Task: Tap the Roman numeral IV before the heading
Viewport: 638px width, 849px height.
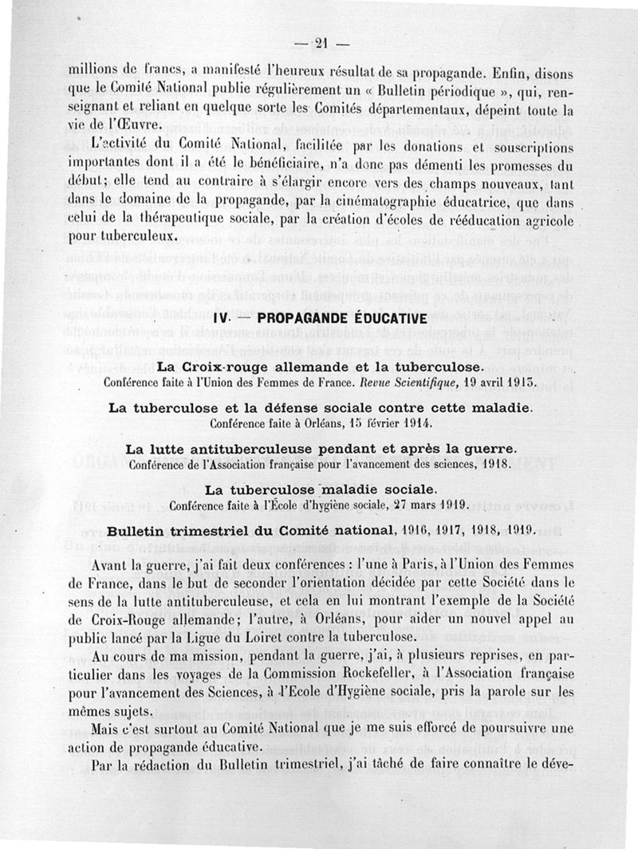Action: coord(222,318)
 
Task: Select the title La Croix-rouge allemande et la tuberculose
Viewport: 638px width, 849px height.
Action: coord(319,368)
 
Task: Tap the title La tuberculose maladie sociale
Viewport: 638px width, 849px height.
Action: coord(320,488)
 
